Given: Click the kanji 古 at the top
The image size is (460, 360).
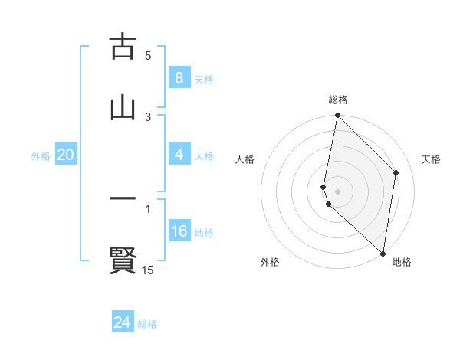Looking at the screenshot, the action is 123,47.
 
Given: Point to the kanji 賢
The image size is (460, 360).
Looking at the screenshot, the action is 123,260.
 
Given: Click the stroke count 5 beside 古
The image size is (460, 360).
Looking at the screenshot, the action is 148,55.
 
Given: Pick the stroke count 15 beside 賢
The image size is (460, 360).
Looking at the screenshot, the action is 148,270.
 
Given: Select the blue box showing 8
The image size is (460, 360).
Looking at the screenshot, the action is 179,78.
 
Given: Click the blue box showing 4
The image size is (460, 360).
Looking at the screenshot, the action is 179,155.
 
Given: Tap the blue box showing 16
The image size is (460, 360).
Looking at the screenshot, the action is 179,231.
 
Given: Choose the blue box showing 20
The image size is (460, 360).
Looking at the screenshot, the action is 66,155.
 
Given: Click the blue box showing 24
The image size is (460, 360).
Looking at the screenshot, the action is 122,323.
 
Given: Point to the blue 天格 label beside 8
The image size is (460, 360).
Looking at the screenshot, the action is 204,80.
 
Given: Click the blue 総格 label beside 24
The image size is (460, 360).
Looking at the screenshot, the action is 147,324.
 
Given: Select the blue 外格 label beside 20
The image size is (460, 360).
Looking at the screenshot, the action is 41,156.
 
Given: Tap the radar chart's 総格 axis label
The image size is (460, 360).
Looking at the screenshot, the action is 338,100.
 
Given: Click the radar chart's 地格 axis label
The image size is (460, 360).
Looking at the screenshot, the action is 402,262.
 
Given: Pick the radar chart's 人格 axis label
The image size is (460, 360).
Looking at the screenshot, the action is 245,159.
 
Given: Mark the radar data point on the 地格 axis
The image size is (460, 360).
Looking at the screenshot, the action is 383,254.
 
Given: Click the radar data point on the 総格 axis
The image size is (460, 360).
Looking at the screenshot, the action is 337,116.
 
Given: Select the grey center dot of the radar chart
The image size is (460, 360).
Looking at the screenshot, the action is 337,191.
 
